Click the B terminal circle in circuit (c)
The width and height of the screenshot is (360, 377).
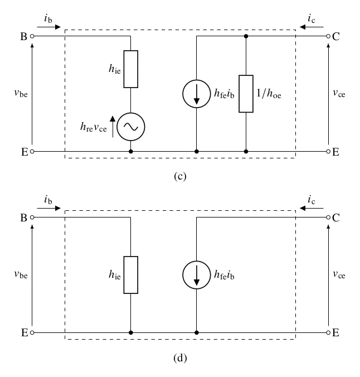pyautogui.click(x=32, y=36)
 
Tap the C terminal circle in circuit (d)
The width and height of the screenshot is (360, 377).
pyautogui.click(x=328, y=217)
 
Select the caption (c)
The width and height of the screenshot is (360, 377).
pyautogui.click(x=180, y=176)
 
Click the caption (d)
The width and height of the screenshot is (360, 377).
pyautogui.click(x=180, y=358)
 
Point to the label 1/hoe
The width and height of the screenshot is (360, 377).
pyautogui.click(x=269, y=93)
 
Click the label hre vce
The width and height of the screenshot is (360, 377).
pyautogui.click(x=93, y=127)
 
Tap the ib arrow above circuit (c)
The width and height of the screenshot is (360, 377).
pyautogui.click(x=49, y=27)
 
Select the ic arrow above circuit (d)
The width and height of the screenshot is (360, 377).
pyautogui.click(x=312, y=208)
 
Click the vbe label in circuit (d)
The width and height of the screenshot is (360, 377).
pyautogui.click(x=21, y=274)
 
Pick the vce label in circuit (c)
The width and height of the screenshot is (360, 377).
pyautogui.click(x=339, y=93)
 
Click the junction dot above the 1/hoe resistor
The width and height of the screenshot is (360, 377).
pyautogui.click(x=246, y=36)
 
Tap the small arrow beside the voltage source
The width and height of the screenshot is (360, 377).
pyautogui.click(x=113, y=127)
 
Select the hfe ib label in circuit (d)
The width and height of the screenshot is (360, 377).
pyautogui.click(x=224, y=274)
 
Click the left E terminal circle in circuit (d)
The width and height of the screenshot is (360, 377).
pyautogui.click(x=32, y=333)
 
